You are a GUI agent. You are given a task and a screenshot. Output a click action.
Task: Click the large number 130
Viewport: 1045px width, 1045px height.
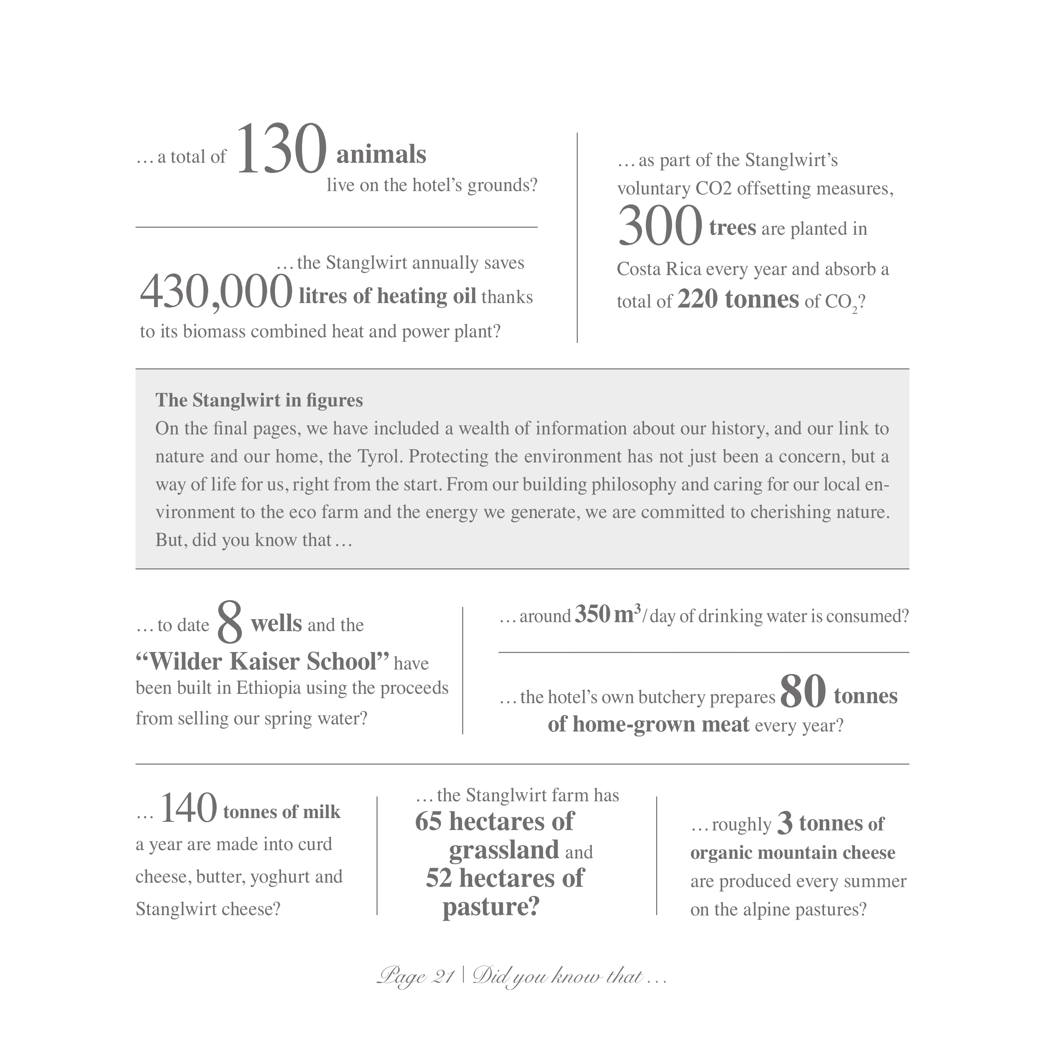[282, 149]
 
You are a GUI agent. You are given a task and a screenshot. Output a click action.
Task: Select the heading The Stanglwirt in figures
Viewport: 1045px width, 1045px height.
[259, 400]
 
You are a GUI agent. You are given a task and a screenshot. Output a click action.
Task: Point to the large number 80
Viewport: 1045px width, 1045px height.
[803, 692]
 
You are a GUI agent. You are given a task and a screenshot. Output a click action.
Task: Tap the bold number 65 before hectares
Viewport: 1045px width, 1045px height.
[428, 821]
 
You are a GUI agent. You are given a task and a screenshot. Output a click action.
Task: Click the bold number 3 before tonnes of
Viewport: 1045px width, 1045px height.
[785, 823]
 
